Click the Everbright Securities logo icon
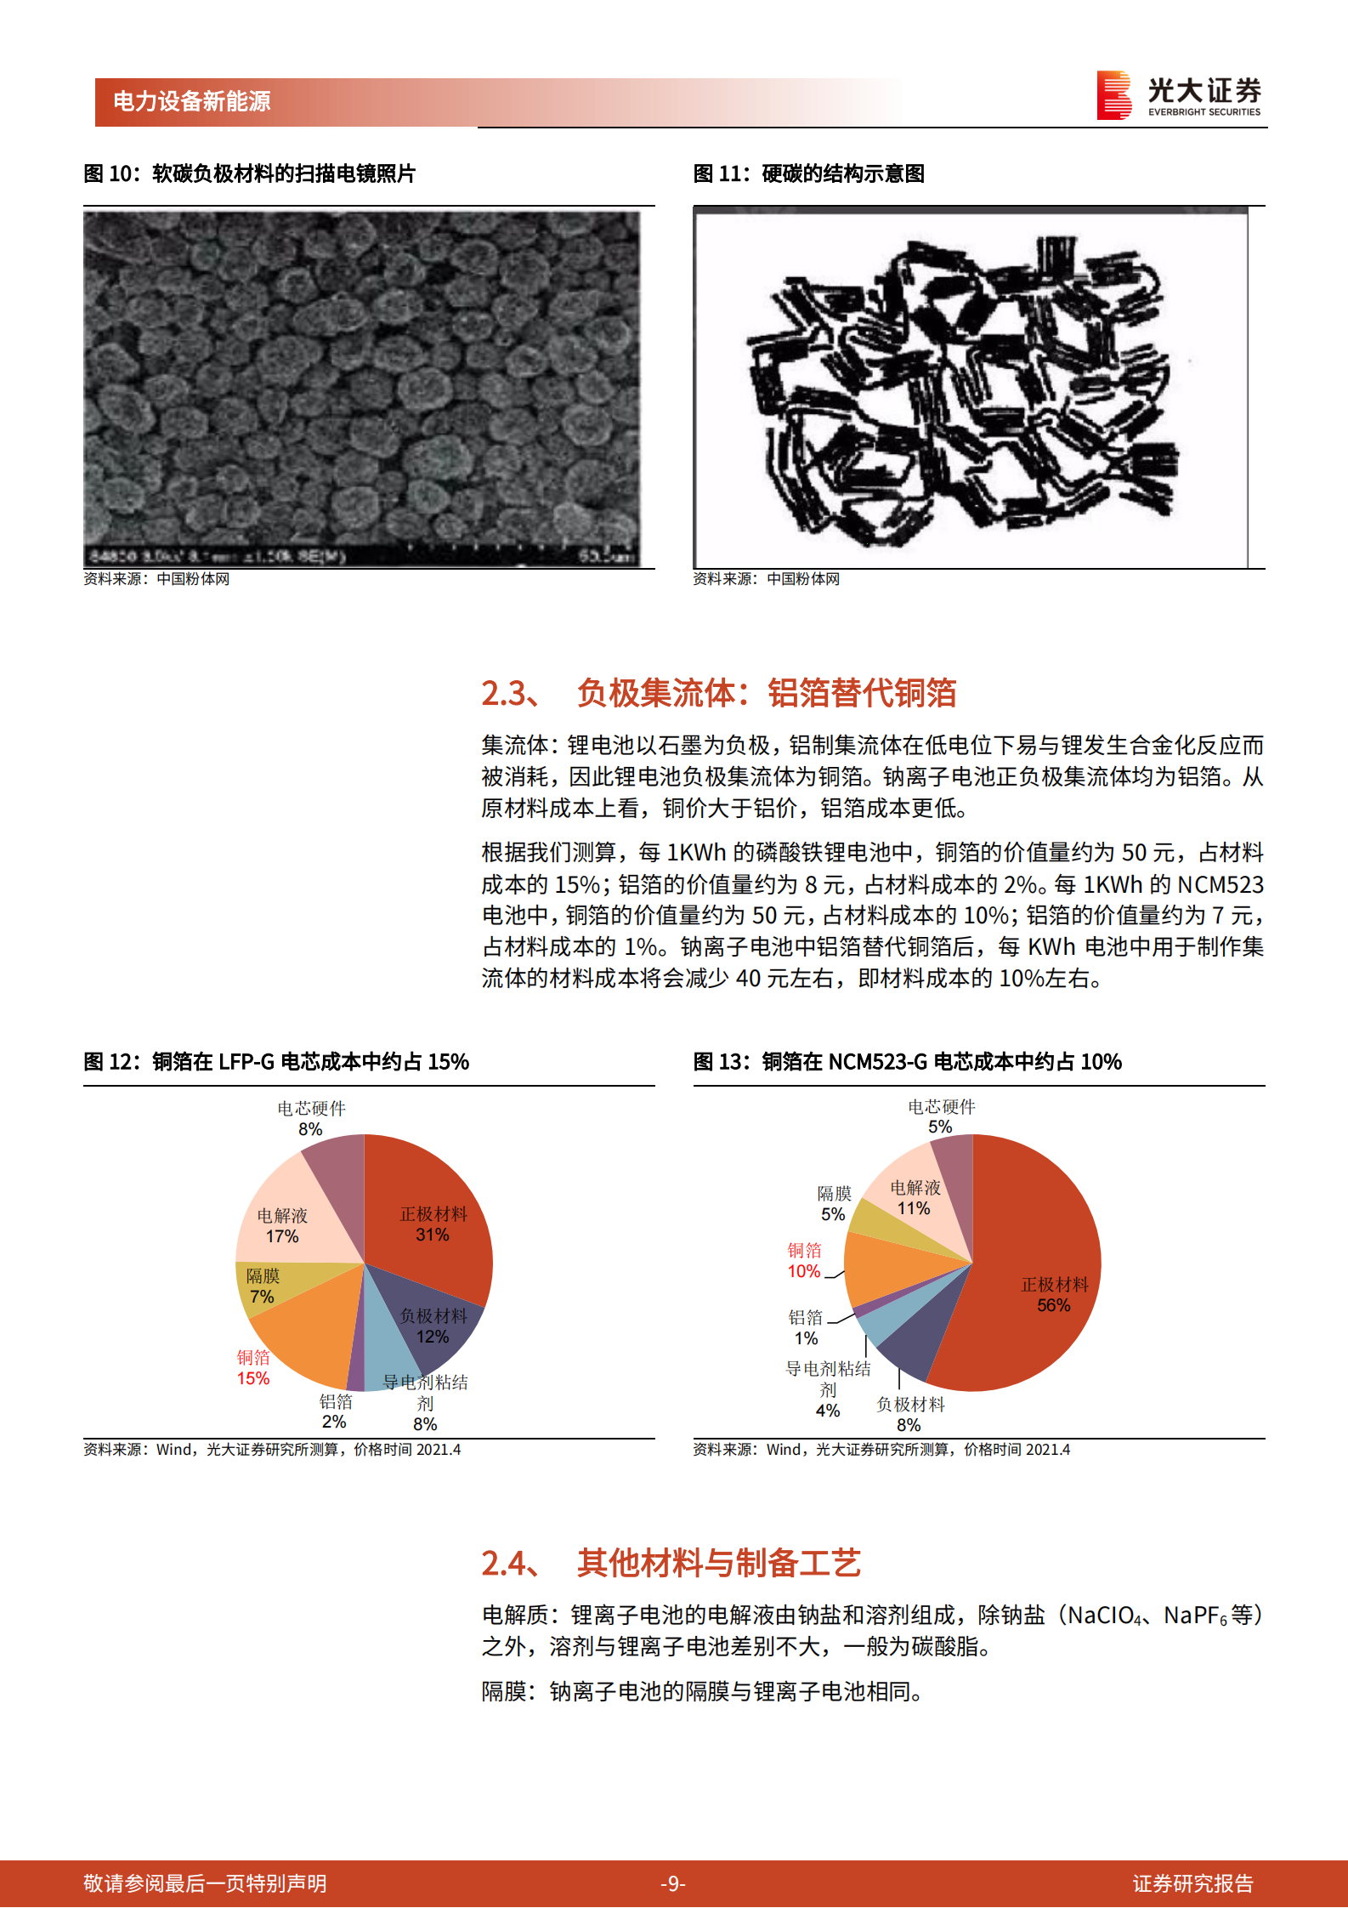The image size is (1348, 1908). pyautogui.click(x=1113, y=94)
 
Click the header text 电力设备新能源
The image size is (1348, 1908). pyautogui.click(x=192, y=102)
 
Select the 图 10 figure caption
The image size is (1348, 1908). pyautogui.click(x=249, y=174)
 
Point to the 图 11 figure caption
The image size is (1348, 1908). pyautogui.click(x=808, y=174)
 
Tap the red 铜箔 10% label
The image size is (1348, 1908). pyautogui.click(x=804, y=1261)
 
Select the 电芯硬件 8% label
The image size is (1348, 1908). pyautogui.click(x=311, y=1118)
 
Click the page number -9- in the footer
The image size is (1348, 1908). pyautogui.click(x=673, y=1884)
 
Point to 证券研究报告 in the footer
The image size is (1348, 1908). pyautogui.click(x=1192, y=1884)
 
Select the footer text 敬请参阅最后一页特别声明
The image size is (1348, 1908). pyautogui.click(x=205, y=1884)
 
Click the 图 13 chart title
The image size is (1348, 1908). pyautogui.click(x=907, y=1062)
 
